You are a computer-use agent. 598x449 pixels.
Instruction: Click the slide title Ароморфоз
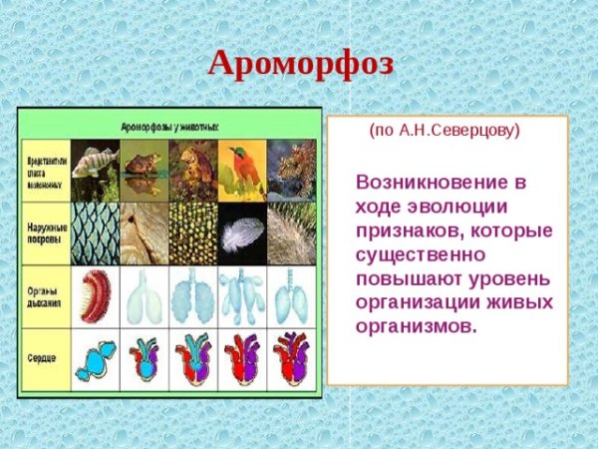300,64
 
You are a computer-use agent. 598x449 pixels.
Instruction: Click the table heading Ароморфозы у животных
169,128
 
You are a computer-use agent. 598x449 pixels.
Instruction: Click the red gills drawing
96,296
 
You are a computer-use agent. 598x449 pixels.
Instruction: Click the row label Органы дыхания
45,296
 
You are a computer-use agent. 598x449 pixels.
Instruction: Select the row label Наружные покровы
45,233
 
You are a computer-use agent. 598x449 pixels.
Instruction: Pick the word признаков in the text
405,231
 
